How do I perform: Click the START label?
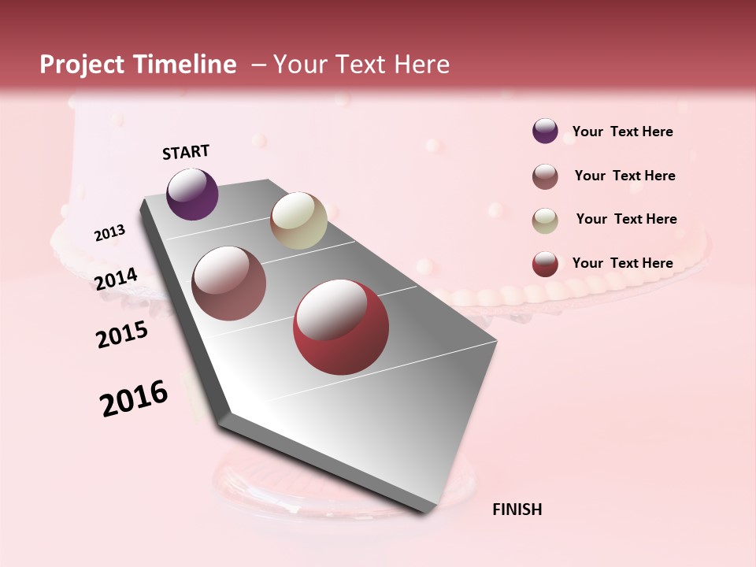[186, 152]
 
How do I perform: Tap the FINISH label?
[517, 510]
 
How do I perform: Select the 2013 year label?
[110, 233]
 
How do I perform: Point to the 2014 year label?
[117, 280]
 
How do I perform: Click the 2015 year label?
[122, 335]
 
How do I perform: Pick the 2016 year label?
[134, 398]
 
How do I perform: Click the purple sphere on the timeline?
[192, 194]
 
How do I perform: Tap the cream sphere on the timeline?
[298, 220]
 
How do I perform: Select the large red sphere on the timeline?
[341, 327]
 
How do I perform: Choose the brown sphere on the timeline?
[228, 283]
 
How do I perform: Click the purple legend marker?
[545, 132]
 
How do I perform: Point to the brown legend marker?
[545, 176]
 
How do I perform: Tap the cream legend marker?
[545, 220]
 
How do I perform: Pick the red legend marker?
[545, 264]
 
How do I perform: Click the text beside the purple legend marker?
[622, 132]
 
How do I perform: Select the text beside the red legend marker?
[622, 263]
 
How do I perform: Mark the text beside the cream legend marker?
[626, 219]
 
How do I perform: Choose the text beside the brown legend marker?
[624, 176]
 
